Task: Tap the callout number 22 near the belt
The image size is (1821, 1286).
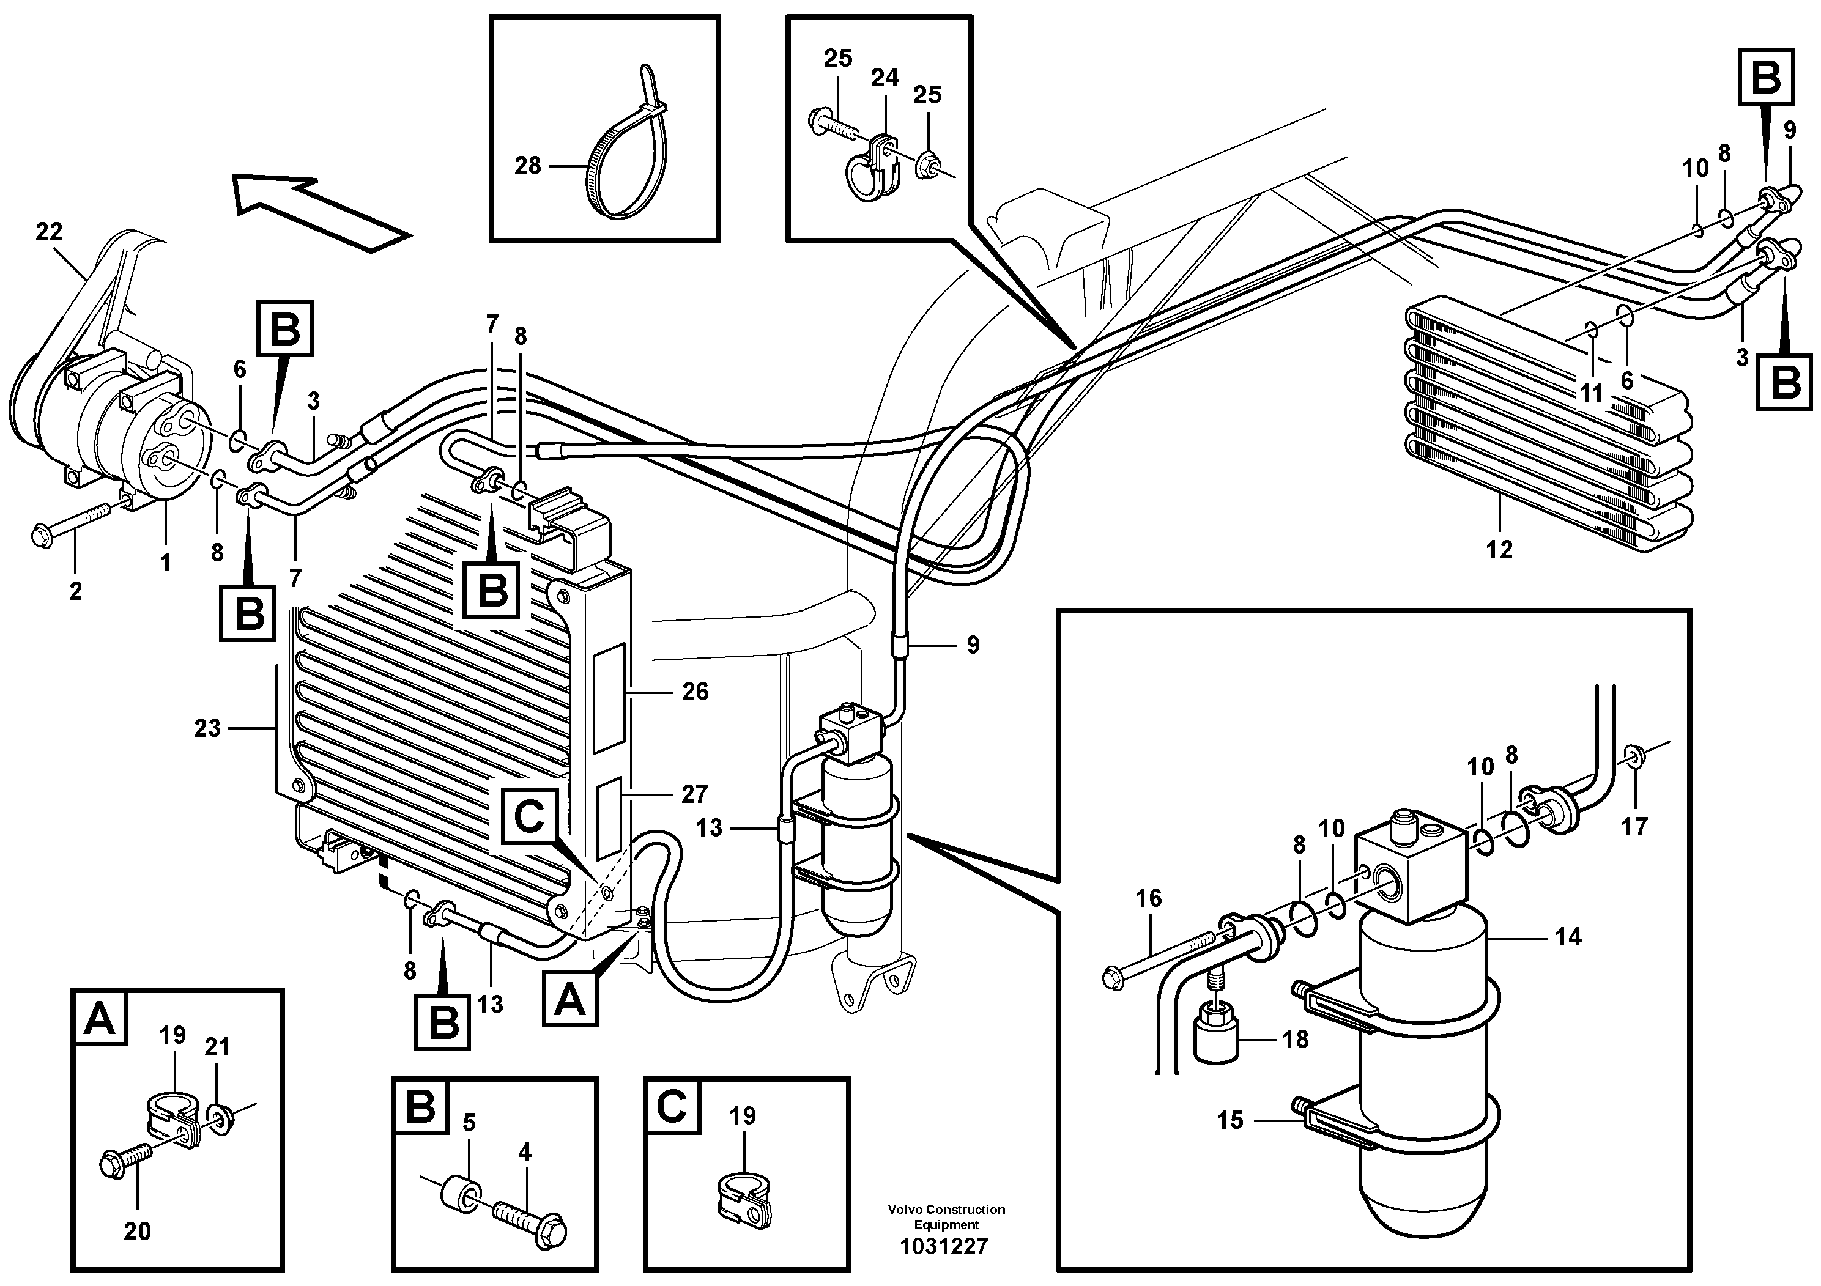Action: click(x=49, y=232)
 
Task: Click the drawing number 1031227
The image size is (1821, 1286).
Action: click(x=944, y=1247)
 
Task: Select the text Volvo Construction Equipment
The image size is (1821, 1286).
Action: click(x=946, y=1217)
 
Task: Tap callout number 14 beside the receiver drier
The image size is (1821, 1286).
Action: click(x=1567, y=937)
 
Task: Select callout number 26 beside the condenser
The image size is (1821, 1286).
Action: click(x=695, y=692)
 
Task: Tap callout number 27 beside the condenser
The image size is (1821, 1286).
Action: click(x=695, y=794)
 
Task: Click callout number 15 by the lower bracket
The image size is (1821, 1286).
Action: click(x=1230, y=1120)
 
